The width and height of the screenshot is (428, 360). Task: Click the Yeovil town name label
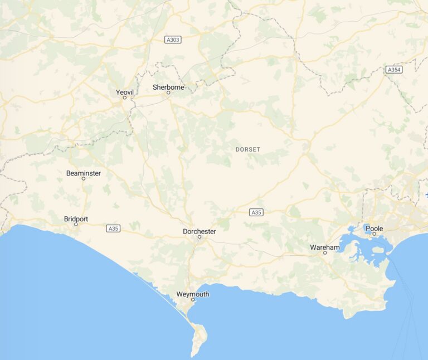pos(125,91)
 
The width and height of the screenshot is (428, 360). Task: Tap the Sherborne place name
pos(168,87)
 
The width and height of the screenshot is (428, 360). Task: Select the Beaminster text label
pos(84,173)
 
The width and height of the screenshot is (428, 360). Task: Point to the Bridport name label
pos(76,219)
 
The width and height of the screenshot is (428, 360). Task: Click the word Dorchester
pos(199,231)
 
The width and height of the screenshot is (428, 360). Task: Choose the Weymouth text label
pos(192,294)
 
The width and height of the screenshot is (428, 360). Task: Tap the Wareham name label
pos(325,247)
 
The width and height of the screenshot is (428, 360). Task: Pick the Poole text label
pos(374,228)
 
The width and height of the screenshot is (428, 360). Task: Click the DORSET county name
pos(248,149)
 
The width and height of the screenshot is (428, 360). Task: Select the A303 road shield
pos(173,40)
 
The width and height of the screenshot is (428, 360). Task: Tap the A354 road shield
pos(394,70)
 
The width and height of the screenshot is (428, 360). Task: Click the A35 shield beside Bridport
pos(113,228)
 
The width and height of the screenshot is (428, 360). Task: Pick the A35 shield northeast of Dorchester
pos(256,212)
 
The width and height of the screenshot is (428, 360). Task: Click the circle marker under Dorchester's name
pos(199,237)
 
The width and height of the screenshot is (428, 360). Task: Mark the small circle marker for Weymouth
pos(193,300)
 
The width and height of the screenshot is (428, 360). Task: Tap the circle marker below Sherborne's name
pos(168,93)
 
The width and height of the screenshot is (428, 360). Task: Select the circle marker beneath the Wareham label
pos(325,253)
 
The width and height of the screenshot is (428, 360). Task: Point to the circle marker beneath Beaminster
pos(84,178)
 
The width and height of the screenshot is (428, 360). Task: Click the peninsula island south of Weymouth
pos(198,337)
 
